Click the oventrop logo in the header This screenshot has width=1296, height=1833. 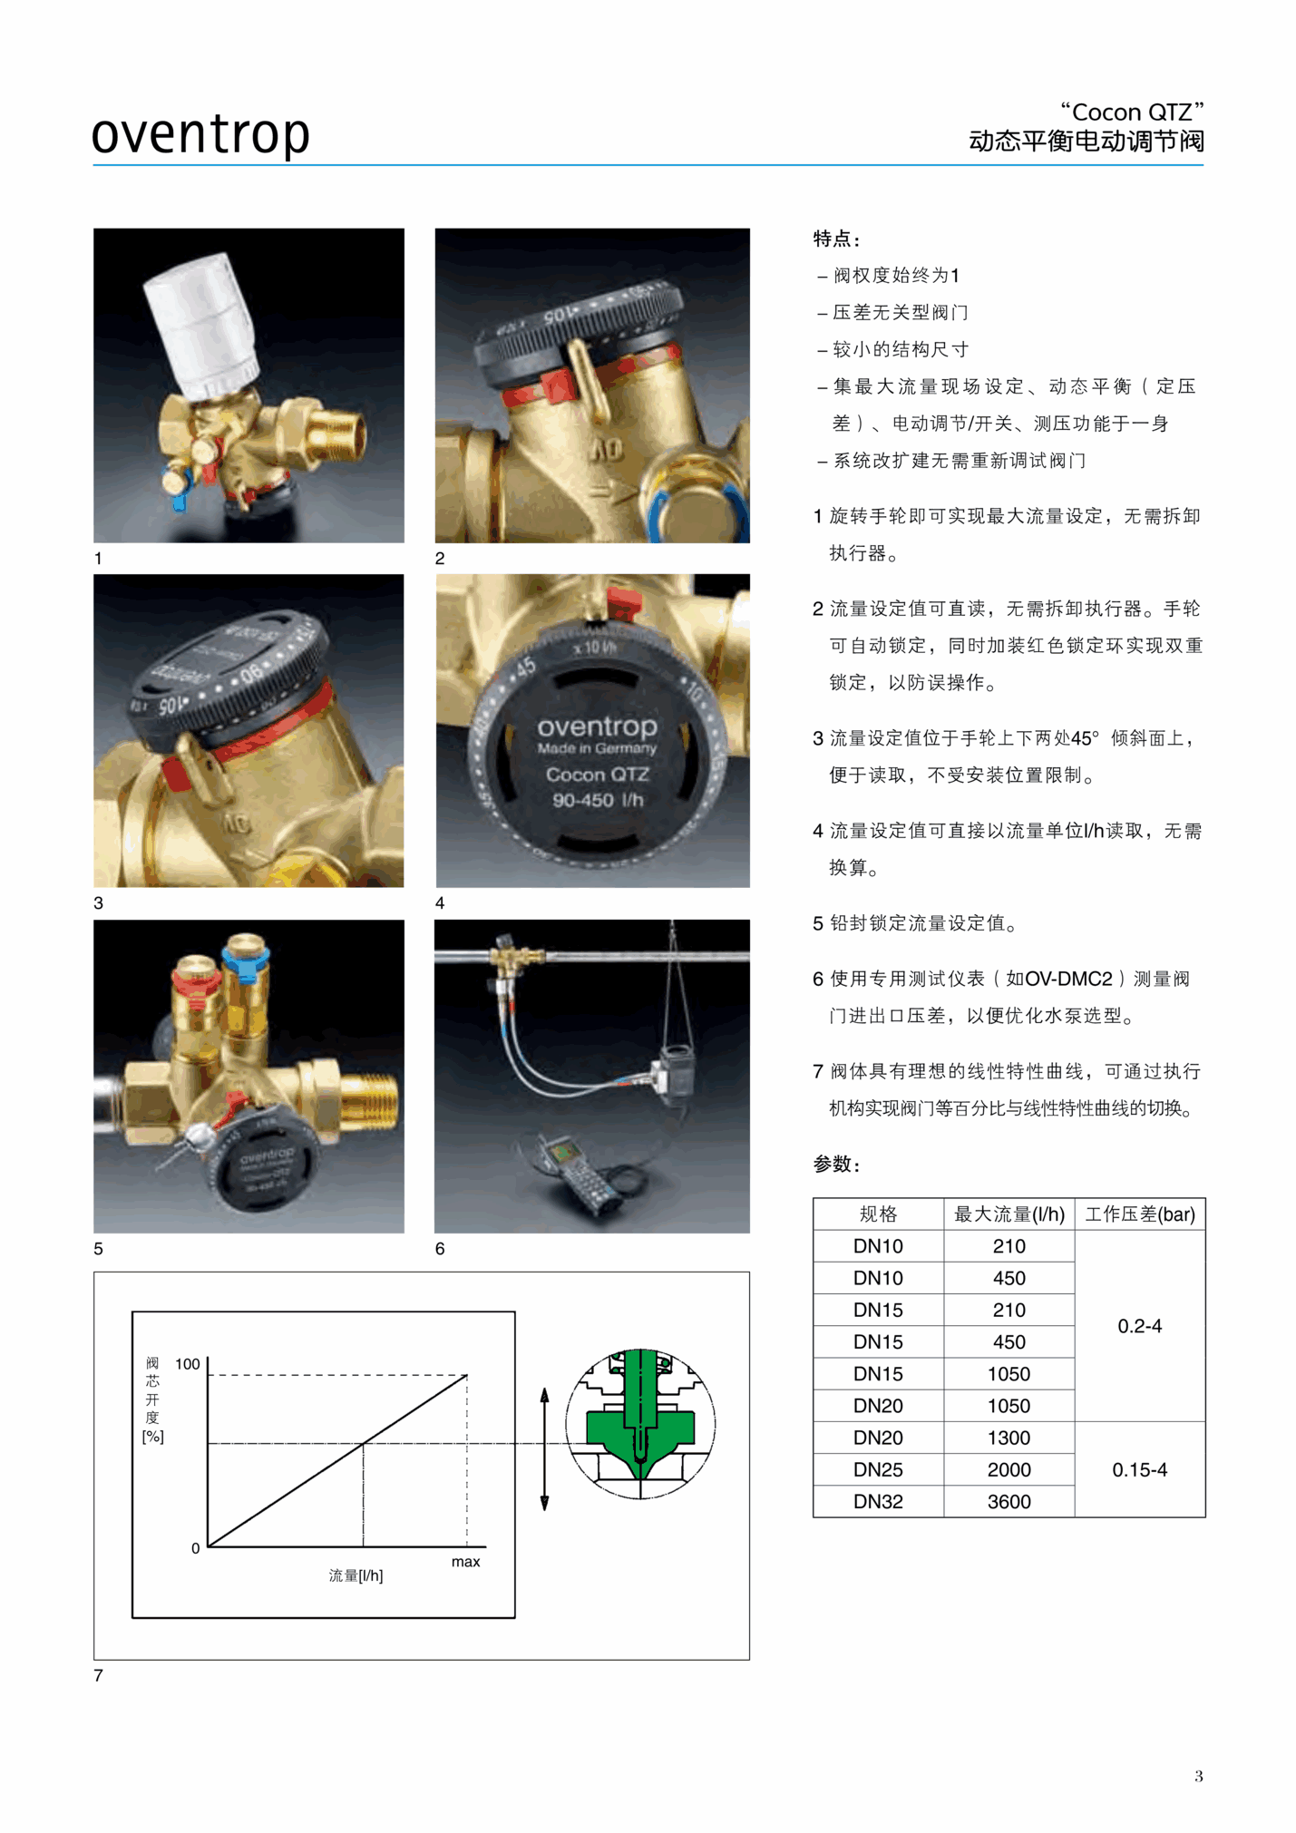200,134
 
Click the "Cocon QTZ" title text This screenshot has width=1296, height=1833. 1132,112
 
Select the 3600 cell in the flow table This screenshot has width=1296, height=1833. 1009,1501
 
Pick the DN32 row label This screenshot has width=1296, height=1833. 878,1501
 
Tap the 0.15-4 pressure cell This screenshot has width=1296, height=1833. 1139,1469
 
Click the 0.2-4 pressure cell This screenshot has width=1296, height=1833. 1139,1326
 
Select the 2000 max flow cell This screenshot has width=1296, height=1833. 1009,1469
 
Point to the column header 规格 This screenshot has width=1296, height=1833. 878,1214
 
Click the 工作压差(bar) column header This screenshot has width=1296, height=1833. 1140,1214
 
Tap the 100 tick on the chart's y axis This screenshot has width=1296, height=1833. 188,1364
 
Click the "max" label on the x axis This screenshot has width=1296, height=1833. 465,1561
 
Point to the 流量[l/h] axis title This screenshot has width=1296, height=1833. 356,1575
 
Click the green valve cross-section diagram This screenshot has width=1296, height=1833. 640,1423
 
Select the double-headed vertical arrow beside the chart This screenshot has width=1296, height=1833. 544,1448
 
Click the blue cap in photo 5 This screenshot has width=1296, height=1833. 246,964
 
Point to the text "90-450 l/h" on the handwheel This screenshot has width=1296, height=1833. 598,800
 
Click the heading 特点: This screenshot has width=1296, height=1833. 836,239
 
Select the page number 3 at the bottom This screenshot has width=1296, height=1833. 1198,1776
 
